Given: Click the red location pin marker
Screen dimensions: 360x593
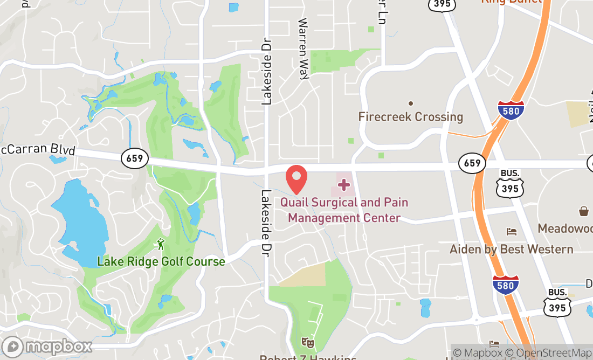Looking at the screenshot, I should [296, 179].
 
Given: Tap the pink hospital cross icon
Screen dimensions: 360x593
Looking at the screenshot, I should [343, 185].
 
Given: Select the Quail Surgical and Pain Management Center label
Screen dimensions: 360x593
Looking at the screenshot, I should [344, 210].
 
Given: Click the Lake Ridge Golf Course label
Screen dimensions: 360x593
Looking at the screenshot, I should [161, 261].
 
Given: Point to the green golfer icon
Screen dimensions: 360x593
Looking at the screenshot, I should [160, 245].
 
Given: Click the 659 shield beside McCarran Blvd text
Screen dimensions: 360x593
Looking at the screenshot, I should [134, 158].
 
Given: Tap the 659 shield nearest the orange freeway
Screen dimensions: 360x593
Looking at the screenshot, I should [472, 163].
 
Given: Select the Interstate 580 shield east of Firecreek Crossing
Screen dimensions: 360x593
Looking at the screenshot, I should [511, 110].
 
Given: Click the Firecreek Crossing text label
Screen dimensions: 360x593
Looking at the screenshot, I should [411, 116].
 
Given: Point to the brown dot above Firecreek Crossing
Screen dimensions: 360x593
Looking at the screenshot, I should [411, 103].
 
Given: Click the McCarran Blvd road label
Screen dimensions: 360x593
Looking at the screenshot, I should [38, 150].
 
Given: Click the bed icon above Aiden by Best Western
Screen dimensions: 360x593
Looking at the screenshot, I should [511, 232].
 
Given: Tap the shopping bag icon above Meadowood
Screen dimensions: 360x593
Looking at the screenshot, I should [583, 211].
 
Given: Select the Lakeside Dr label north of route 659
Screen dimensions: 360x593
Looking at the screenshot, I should [266, 71].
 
